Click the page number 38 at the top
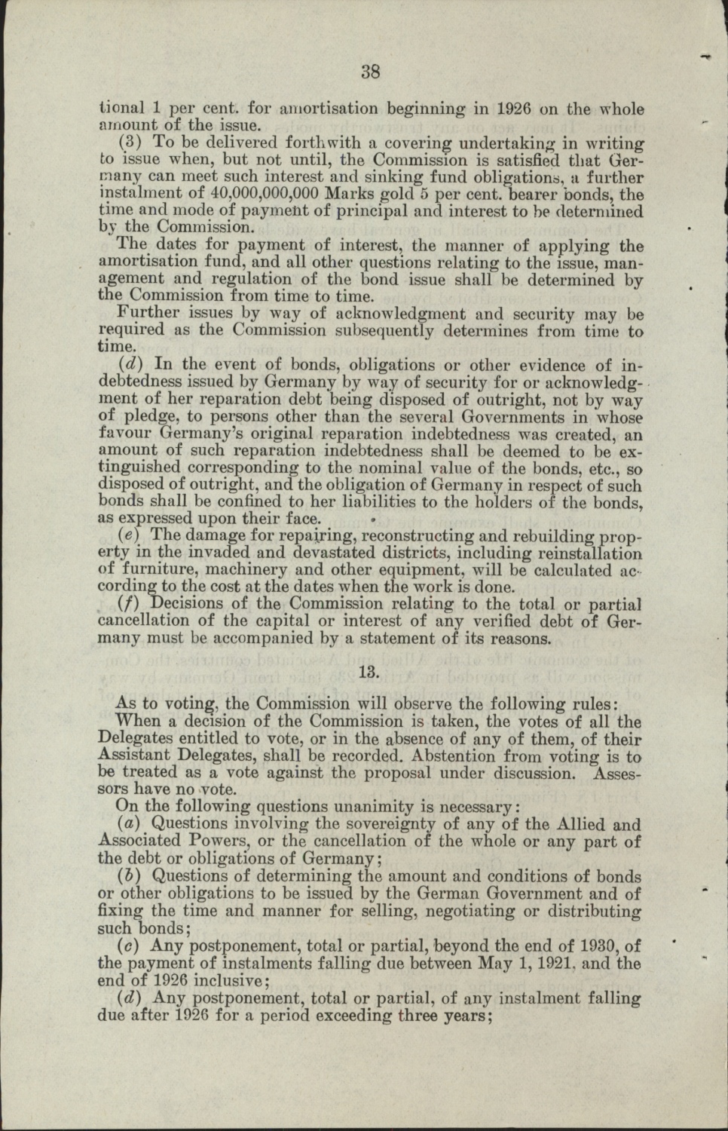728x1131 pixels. click(x=370, y=72)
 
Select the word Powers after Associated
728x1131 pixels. click(x=206, y=841)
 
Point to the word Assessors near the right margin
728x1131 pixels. click(x=617, y=773)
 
